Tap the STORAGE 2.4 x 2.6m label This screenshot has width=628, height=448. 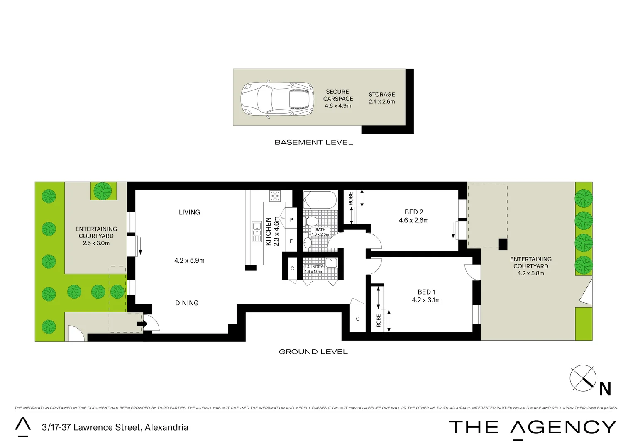tap(381, 98)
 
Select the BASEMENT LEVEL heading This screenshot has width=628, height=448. tap(313, 142)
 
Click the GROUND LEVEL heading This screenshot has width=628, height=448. tap(313, 352)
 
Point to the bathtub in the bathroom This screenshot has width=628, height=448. tap(319, 200)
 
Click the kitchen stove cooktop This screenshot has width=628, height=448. tap(275, 195)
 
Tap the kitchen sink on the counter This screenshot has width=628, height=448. tap(257, 231)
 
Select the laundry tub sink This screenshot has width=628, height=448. tap(331, 263)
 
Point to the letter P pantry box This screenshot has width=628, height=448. tap(291, 220)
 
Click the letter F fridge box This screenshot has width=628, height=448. tap(291, 241)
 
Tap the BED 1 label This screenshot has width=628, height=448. tap(426, 292)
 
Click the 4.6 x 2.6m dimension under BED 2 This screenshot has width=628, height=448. tap(413, 220)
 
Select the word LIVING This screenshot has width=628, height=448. tap(189, 212)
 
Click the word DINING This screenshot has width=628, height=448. tap(187, 303)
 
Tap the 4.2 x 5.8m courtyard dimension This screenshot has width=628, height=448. tap(530, 273)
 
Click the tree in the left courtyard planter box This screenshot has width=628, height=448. tap(103, 191)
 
